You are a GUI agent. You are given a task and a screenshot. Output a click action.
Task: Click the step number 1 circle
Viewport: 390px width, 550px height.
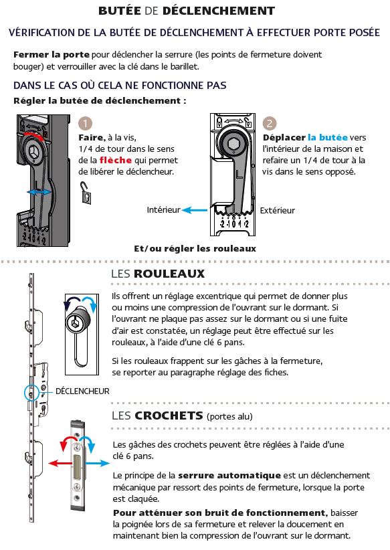pyautogui.click(x=85, y=123)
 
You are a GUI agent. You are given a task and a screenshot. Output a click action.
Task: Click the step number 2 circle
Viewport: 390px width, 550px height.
pyautogui.click(x=270, y=123)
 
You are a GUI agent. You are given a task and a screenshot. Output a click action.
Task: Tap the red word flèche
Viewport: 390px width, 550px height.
pyautogui.click(x=115, y=161)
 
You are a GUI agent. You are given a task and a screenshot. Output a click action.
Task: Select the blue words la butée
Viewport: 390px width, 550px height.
pyautogui.click(x=328, y=138)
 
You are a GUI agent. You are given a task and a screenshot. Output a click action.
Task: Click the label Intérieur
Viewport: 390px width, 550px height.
pyautogui.click(x=163, y=209)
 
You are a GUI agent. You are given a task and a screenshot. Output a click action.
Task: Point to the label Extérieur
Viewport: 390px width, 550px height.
pyautogui.click(x=278, y=211)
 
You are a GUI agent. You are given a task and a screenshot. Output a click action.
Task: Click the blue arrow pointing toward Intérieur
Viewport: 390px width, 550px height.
pyautogui.click(x=195, y=210)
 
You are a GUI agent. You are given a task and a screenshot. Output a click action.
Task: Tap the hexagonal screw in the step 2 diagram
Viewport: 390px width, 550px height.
pyautogui.click(x=233, y=143)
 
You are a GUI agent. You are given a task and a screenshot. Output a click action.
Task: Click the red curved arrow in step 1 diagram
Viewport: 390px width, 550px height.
pyautogui.click(x=34, y=134)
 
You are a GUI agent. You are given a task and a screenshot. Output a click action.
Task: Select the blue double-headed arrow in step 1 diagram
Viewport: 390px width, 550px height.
pyautogui.click(x=39, y=192)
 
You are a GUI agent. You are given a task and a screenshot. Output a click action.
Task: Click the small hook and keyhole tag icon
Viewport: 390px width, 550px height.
pyautogui.click(x=86, y=193)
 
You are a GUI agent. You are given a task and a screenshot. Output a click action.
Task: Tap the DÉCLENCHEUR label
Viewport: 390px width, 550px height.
pyautogui.click(x=82, y=391)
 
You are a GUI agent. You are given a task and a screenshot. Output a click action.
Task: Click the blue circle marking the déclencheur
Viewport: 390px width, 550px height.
pyautogui.click(x=25, y=393)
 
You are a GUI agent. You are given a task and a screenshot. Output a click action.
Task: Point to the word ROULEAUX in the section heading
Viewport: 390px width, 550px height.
pyautogui.click(x=169, y=274)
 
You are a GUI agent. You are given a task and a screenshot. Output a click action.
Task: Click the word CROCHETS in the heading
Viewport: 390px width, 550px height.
pyautogui.click(x=169, y=416)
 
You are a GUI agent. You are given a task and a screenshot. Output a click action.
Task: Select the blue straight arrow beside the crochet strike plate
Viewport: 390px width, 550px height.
pyautogui.click(x=98, y=464)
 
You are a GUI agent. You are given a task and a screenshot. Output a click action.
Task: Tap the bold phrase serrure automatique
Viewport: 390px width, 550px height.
pyautogui.click(x=229, y=476)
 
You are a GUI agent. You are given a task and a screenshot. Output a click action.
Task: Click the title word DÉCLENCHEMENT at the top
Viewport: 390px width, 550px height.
pyautogui.click(x=219, y=11)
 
